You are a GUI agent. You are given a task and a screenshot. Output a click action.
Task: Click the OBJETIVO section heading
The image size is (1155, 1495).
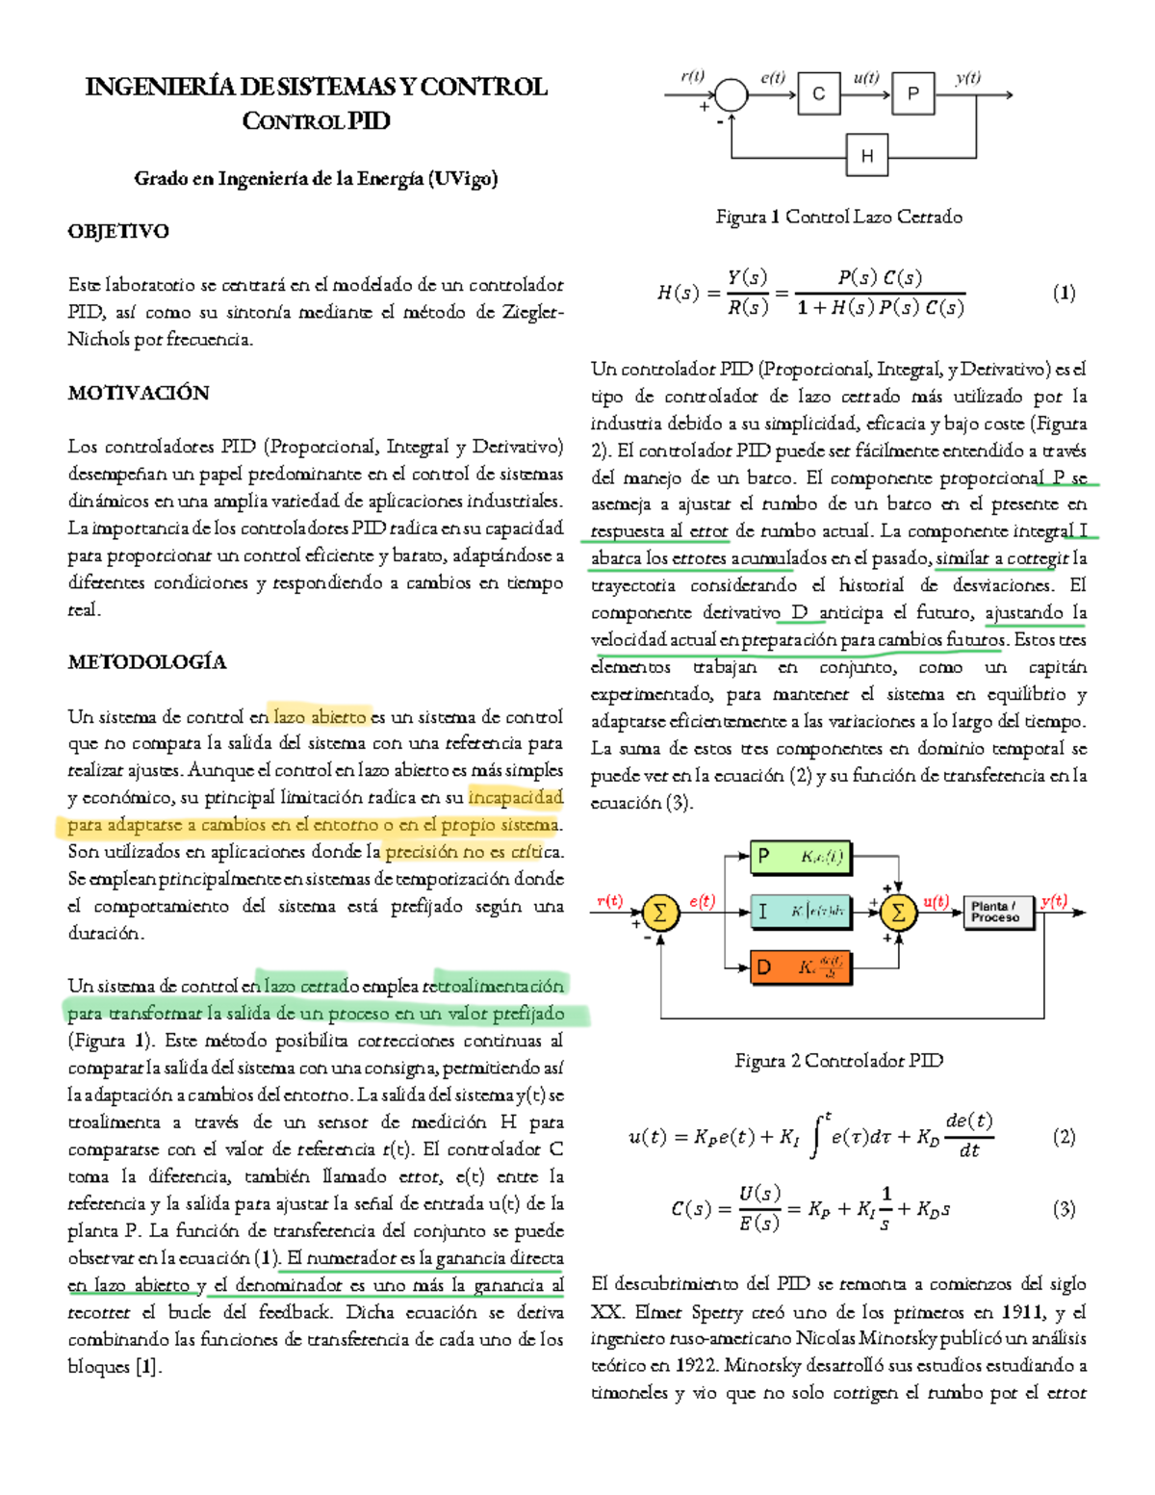pyautogui.click(x=118, y=231)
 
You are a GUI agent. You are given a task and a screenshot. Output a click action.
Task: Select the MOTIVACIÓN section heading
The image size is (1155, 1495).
pyautogui.click(x=139, y=393)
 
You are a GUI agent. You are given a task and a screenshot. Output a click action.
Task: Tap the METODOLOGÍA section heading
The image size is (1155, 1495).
pyautogui.click(x=147, y=662)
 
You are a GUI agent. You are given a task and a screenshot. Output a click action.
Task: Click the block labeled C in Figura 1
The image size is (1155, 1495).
pyautogui.click(x=819, y=94)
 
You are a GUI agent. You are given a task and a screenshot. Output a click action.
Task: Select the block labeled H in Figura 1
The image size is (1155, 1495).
pyautogui.click(x=867, y=156)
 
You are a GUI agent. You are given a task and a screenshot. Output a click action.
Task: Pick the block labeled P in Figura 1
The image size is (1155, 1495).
pyautogui.click(x=913, y=94)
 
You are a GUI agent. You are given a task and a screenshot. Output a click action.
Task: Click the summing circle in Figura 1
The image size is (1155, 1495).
pyautogui.click(x=731, y=95)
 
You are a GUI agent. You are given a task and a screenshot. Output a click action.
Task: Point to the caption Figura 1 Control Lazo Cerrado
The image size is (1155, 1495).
pyautogui.click(x=838, y=217)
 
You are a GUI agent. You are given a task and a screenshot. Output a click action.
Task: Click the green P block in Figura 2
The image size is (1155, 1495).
pyautogui.click(x=801, y=857)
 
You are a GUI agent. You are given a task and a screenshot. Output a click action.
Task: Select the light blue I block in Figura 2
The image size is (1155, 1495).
pyautogui.click(x=801, y=911)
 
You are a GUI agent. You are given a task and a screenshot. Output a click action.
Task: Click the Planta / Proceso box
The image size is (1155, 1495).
pyautogui.click(x=997, y=912)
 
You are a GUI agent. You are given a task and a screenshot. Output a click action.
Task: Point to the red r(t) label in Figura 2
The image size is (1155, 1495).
pyautogui.click(x=609, y=901)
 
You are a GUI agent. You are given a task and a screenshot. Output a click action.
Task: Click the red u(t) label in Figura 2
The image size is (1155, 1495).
pyautogui.click(x=936, y=901)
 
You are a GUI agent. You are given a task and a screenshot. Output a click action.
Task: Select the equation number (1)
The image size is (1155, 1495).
pyautogui.click(x=1064, y=293)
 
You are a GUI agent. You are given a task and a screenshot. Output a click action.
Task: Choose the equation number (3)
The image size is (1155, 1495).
pyautogui.click(x=1064, y=1209)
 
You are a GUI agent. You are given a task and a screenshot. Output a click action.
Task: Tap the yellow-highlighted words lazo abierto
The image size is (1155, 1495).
pyautogui.click(x=320, y=716)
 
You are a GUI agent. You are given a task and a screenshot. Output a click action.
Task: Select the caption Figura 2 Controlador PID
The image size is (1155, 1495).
pyautogui.click(x=838, y=1061)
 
